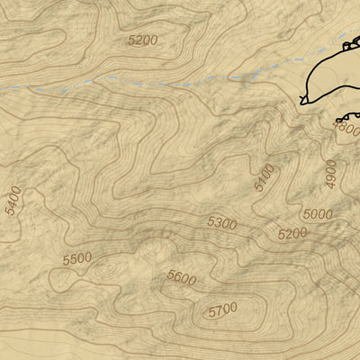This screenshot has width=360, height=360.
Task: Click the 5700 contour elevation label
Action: (x=221, y=310)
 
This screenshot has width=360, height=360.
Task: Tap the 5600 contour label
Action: (x=181, y=279)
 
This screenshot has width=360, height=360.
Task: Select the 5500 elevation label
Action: (x=77, y=259)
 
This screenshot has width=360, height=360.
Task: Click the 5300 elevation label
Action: (x=221, y=222)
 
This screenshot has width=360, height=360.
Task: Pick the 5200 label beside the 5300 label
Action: (x=292, y=233)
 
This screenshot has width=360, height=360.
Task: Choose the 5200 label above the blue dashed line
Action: (x=142, y=40)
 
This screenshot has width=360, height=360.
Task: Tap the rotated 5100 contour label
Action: (x=264, y=177)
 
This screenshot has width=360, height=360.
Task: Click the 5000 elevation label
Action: (x=317, y=214)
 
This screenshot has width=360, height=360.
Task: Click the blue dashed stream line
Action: (x=135, y=83)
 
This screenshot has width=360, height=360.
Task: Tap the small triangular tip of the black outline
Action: (x=303, y=98)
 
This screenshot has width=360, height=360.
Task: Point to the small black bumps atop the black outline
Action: (x=349, y=44)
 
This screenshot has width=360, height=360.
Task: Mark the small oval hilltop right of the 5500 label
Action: (x=108, y=267)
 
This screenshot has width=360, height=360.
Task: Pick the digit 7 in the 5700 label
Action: (x=217, y=311)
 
